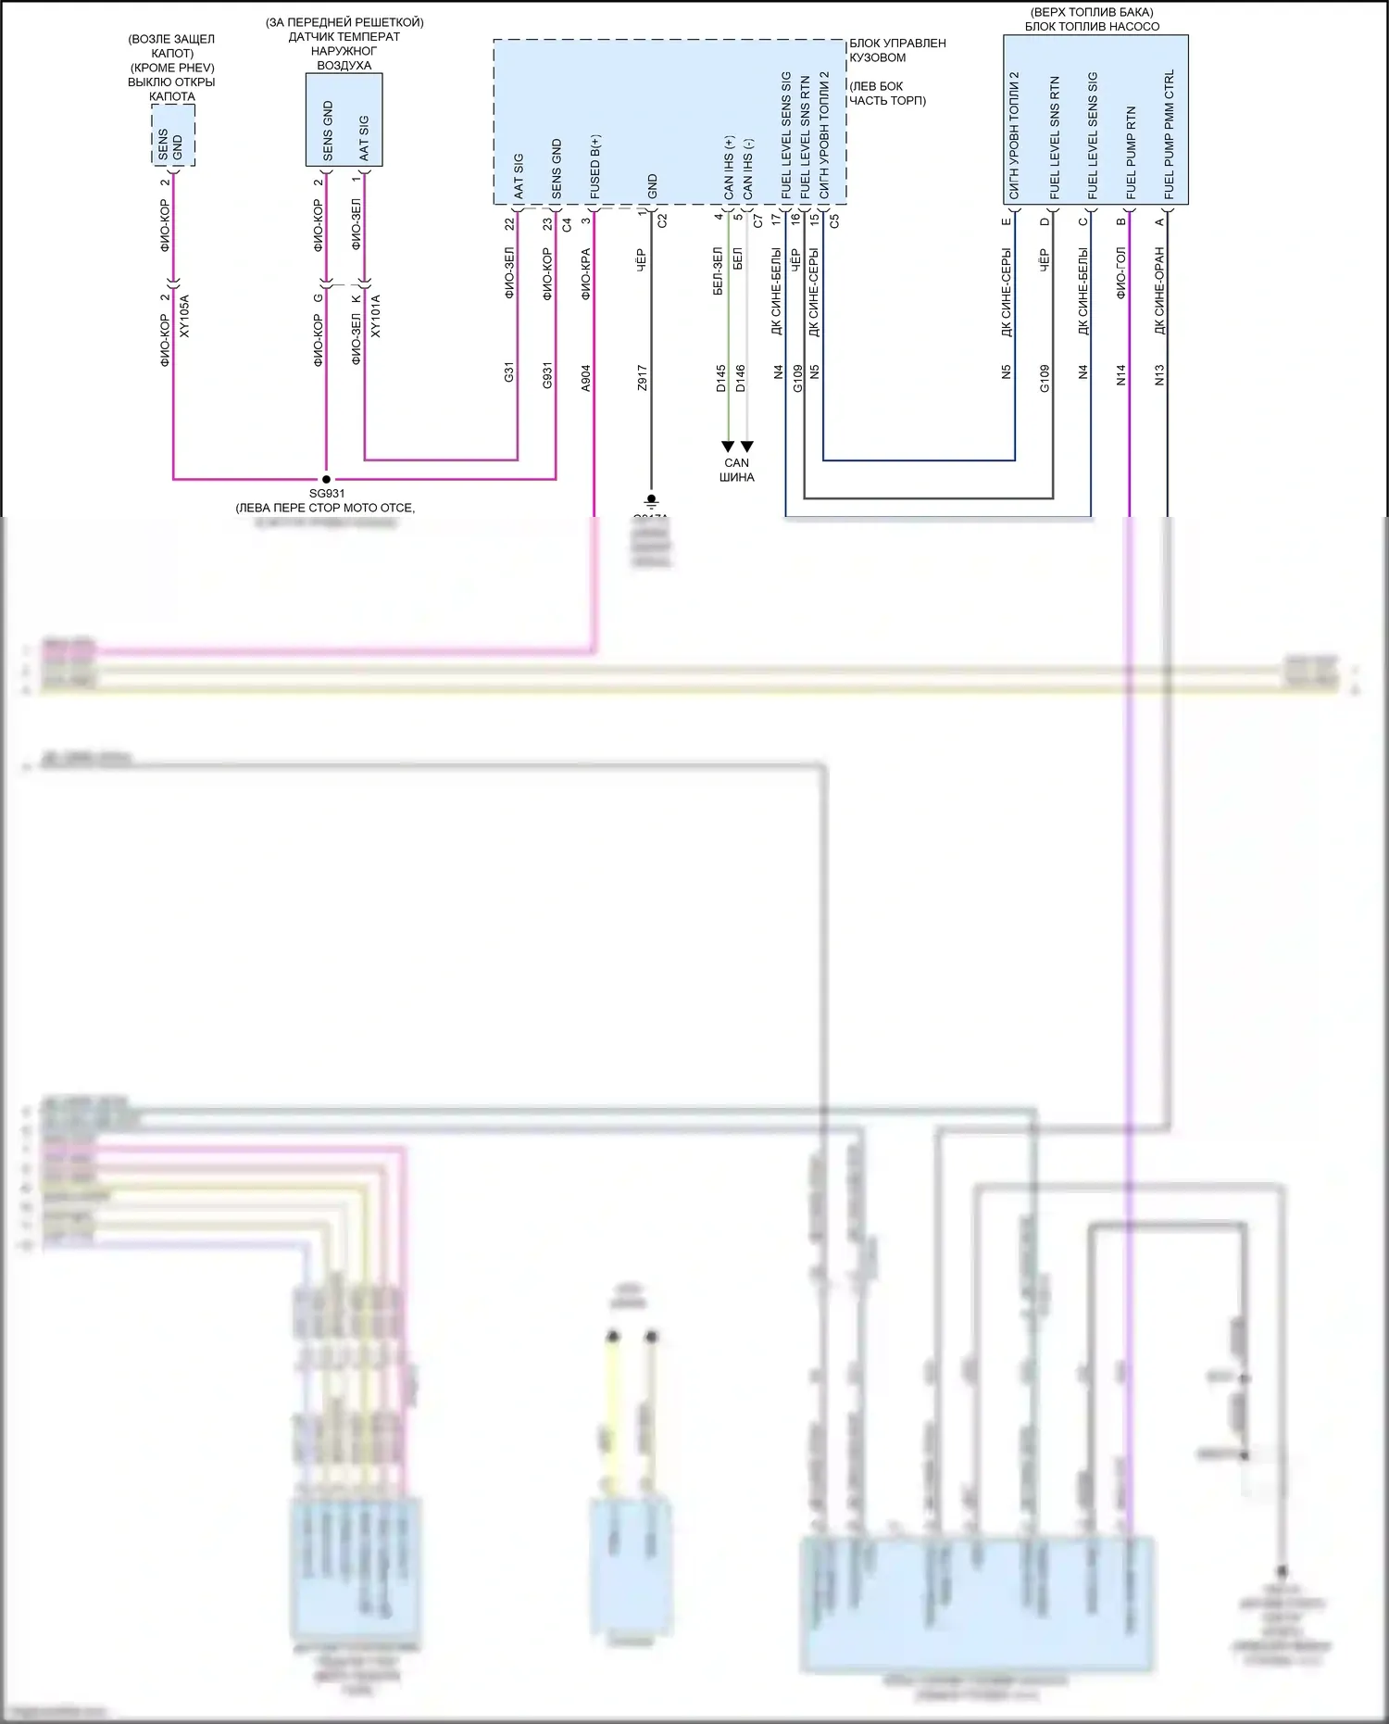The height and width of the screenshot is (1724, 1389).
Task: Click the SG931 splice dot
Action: (326, 479)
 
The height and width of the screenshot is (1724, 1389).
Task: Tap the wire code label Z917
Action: (642, 377)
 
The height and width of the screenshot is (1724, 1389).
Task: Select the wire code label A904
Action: (585, 377)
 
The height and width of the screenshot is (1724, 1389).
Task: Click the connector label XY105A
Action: (184, 316)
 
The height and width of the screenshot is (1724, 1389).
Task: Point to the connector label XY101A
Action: (375, 316)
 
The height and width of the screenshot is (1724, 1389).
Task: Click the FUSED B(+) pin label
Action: (594, 167)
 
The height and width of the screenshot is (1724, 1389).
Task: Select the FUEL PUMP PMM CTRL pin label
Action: (1170, 134)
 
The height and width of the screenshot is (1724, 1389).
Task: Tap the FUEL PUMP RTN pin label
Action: (1131, 152)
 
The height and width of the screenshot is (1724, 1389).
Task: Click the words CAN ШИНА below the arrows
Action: (737, 470)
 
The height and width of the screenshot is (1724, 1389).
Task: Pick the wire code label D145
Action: (720, 378)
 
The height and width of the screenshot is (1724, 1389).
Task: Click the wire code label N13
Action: (1159, 374)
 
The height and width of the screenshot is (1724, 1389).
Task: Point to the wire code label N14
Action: (1120, 374)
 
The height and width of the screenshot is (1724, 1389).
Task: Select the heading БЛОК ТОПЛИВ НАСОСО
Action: (1092, 26)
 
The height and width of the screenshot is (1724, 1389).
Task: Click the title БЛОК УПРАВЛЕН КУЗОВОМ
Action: (896, 50)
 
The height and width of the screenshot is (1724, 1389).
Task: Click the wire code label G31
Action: (508, 372)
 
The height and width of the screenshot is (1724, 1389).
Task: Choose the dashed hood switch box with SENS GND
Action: (173, 135)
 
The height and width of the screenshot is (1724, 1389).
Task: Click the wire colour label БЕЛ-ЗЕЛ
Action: (719, 271)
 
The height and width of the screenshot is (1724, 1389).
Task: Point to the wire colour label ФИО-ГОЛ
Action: (1120, 272)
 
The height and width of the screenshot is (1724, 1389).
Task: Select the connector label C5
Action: (834, 220)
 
